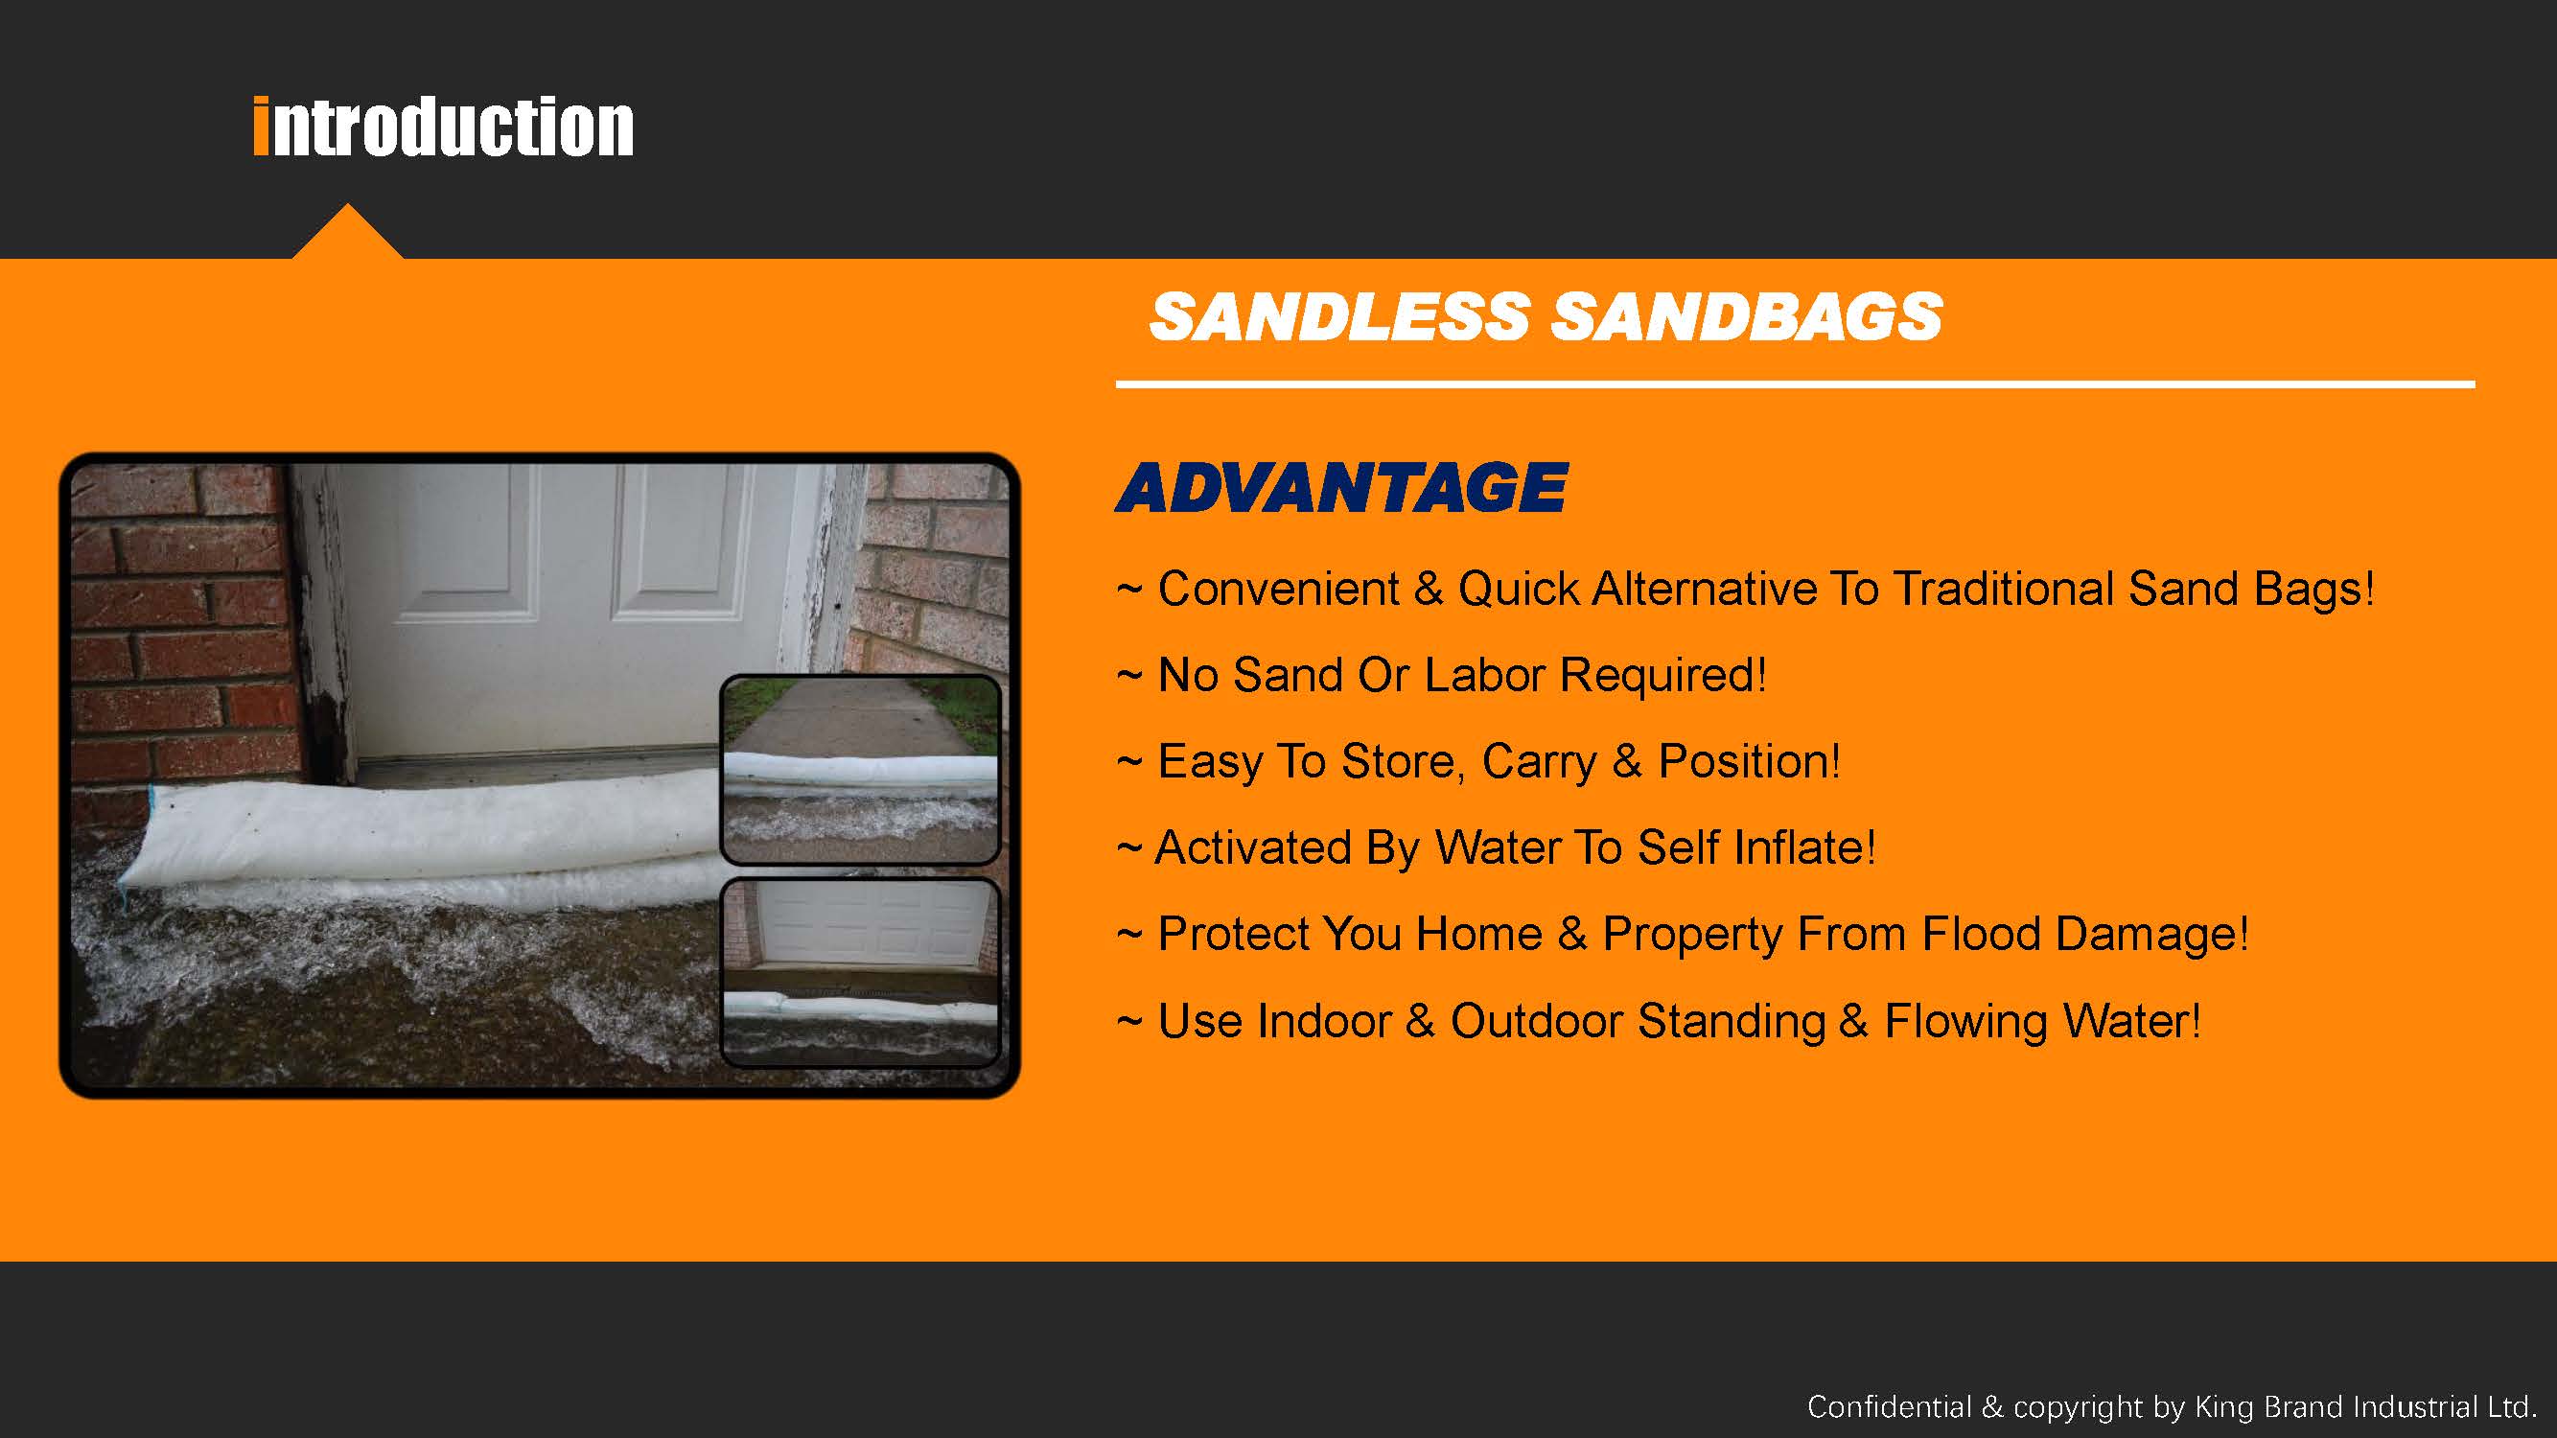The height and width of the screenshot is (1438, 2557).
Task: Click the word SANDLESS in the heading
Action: pyautogui.click(x=1339, y=316)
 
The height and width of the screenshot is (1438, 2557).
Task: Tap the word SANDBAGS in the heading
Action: pyautogui.click(x=1746, y=316)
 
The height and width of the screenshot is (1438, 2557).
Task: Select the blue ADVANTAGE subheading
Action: pyautogui.click(x=1341, y=487)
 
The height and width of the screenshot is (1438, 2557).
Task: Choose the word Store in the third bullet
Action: pyautogui.click(x=1397, y=762)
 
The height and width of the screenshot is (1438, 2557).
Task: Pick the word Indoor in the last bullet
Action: pyautogui.click(x=1324, y=1021)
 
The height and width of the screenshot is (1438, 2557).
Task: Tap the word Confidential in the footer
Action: pyautogui.click(x=1889, y=1406)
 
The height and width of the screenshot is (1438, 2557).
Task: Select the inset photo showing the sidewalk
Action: pyautogui.click(x=860, y=769)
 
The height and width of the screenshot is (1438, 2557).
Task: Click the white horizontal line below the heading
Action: pyautogui.click(x=1795, y=383)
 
